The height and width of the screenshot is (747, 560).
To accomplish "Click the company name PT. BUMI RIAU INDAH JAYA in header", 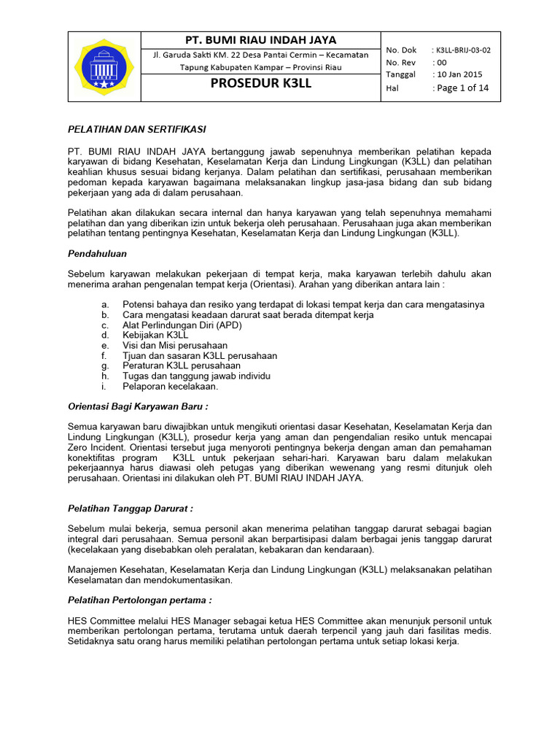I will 261,39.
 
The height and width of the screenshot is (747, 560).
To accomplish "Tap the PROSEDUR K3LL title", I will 261,83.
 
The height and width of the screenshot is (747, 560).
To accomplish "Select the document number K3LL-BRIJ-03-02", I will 462,50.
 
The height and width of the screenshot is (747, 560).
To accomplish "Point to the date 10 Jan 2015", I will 457,74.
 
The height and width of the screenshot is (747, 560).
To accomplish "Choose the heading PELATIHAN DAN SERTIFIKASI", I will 137,129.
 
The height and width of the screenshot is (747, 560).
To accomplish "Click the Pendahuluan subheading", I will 98,253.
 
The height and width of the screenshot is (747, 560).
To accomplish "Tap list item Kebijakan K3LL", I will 155,335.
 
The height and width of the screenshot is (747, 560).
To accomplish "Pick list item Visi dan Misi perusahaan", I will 175,345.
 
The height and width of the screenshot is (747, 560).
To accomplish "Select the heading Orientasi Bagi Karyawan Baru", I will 142,406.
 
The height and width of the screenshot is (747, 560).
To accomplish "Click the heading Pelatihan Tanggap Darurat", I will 131,508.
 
